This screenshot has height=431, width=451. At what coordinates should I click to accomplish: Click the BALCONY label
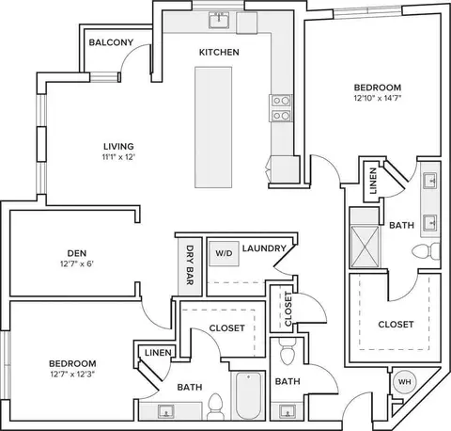[111, 42]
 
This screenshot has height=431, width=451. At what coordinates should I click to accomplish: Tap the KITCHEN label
[219, 52]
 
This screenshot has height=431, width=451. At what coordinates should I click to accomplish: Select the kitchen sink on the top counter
[219, 20]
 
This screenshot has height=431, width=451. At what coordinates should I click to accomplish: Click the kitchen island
[213, 127]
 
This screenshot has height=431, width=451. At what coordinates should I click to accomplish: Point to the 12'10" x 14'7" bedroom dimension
[378, 98]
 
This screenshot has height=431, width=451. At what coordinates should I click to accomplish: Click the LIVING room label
[118, 146]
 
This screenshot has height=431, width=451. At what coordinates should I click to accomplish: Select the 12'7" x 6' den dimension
[77, 263]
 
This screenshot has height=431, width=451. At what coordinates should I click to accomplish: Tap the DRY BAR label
[190, 265]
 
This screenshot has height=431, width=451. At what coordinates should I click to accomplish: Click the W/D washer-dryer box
[224, 253]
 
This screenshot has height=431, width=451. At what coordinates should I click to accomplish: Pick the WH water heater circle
[404, 382]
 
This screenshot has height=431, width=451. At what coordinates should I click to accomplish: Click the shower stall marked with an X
[365, 247]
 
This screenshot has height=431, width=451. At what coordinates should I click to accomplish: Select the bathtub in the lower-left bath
[248, 395]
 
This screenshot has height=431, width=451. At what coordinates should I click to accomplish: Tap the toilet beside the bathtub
[215, 407]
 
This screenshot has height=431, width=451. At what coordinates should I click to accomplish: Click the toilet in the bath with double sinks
[426, 251]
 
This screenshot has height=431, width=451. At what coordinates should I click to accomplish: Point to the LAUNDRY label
[264, 248]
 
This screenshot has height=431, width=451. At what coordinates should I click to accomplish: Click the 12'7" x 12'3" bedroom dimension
[72, 375]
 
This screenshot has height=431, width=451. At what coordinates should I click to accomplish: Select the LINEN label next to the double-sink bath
[373, 181]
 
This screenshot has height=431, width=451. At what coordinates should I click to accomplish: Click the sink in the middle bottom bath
[288, 411]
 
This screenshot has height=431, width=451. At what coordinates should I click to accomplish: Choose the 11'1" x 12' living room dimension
[118, 157]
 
